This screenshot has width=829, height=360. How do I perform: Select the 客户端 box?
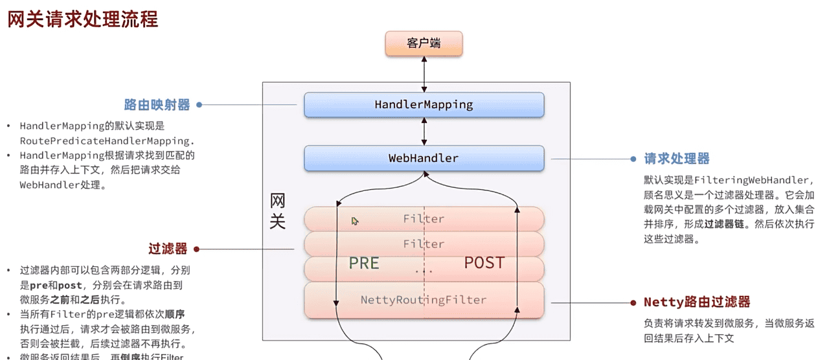point(424,43)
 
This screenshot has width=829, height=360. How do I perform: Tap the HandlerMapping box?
point(424,104)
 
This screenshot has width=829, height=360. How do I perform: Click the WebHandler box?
point(424,158)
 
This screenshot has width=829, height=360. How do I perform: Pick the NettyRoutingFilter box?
point(424,300)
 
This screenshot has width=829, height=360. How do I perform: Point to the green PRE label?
point(364,262)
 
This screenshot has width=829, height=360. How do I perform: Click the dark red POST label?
point(484,262)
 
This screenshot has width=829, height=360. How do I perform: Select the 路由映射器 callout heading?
point(157,105)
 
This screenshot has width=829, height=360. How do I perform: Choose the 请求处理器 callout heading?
point(677,159)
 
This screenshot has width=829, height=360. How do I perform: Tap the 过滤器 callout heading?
point(168,249)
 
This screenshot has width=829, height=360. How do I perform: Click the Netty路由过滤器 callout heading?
point(697,302)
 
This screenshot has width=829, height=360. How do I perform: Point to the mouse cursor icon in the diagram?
point(355,221)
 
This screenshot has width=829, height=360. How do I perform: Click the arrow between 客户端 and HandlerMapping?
point(424,74)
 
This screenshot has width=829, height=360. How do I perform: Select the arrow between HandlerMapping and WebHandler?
point(424,131)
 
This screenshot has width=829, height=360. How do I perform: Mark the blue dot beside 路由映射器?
point(199,105)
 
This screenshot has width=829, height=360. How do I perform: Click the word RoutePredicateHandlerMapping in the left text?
point(107,141)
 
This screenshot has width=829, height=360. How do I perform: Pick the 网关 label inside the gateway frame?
point(277,211)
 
